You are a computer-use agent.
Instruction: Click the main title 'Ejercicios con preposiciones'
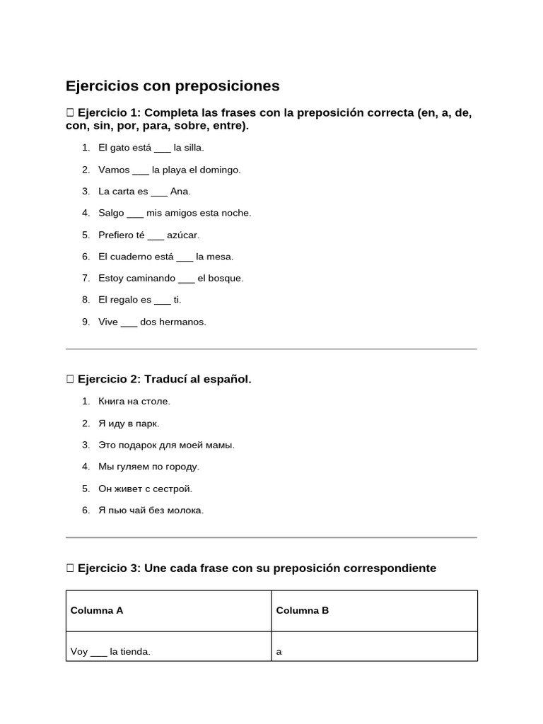tap(173, 86)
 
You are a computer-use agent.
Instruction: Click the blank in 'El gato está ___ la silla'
tap(162, 148)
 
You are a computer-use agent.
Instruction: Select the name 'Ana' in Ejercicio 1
tap(180, 192)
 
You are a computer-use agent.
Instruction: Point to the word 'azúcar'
tap(183, 235)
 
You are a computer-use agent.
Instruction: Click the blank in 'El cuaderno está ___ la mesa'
tap(185, 257)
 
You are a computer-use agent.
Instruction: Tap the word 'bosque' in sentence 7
tap(226, 279)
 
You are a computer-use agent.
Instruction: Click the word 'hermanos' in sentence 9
tap(182, 322)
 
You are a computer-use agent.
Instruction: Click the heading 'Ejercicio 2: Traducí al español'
tap(164, 380)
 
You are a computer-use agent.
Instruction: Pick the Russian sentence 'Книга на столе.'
tap(134, 402)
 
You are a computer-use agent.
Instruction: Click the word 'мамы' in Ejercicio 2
tap(219, 445)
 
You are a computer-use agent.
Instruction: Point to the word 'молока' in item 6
tap(186, 510)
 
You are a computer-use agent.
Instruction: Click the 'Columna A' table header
tap(97, 611)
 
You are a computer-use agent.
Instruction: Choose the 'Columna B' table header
tap(303, 611)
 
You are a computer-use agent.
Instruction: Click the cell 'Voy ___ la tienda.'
tap(110, 652)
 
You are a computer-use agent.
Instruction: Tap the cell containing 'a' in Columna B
tap(279, 652)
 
